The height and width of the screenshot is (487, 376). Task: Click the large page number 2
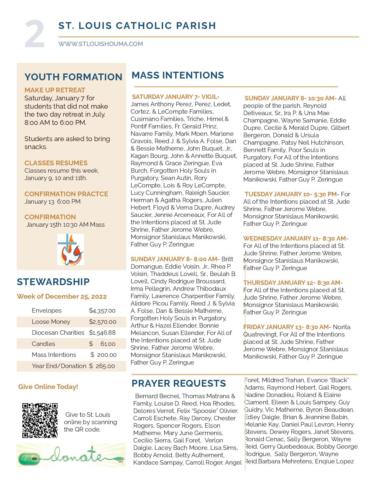35,34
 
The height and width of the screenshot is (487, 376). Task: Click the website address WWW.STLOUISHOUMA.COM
101,44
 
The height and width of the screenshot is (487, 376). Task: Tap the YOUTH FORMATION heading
73,77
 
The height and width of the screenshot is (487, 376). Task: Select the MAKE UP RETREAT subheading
55,90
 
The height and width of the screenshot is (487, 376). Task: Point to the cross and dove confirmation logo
70,249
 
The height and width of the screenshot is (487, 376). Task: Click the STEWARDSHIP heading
53,282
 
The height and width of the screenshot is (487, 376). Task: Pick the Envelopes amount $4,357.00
102,310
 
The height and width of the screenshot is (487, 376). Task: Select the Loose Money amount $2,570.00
102,322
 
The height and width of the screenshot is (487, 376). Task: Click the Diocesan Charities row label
58,333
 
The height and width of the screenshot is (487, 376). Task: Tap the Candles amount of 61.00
108,344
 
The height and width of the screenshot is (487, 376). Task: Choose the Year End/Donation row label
59,366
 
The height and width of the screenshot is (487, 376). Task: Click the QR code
40,420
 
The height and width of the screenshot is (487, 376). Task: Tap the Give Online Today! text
48,387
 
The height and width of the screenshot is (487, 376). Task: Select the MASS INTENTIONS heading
178,75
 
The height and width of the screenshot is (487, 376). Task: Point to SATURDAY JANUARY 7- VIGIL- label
176,97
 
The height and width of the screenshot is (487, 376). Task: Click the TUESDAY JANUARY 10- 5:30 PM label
290,194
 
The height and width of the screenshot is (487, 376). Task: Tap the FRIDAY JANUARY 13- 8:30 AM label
286,327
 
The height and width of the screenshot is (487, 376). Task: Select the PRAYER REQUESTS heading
179,383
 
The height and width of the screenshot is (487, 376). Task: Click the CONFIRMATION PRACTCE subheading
66,194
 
